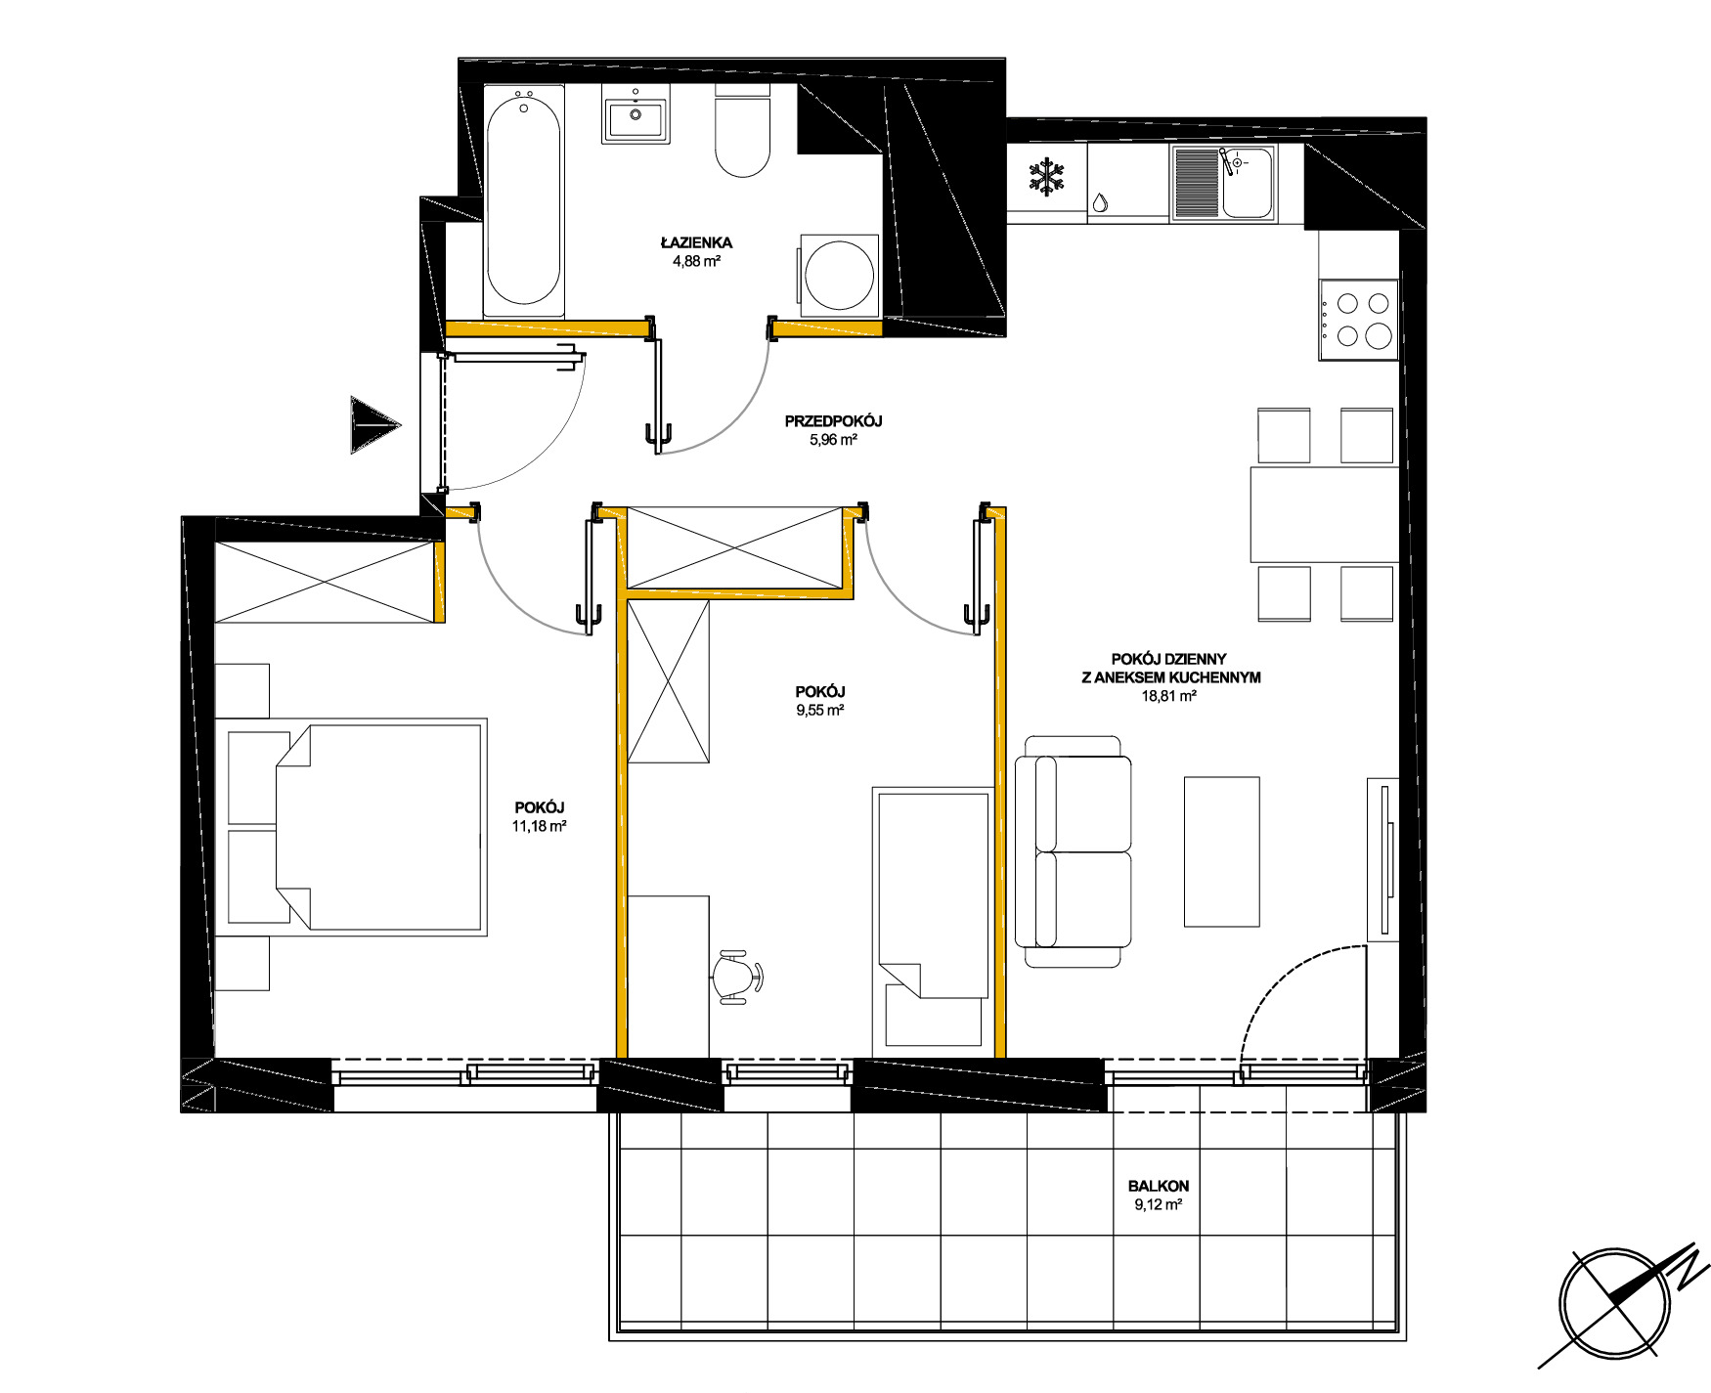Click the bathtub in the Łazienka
click(x=524, y=200)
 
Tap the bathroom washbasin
click(x=636, y=114)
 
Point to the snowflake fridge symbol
click(x=1047, y=178)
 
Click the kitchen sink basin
click(x=1248, y=183)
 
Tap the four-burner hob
click(x=1358, y=320)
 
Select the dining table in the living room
click(x=1325, y=514)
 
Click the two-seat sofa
click(x=1074, y=851)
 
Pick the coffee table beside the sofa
click(x=1221, y=851)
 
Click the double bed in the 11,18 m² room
click(x=357, y=827)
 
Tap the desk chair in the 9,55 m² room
click(x=738, y=977)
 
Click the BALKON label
click(x=1158, y=1186)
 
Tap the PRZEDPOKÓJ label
click(x=833, y=421)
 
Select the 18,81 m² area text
click(x=1169, y=696)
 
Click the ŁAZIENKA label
click(x=696, y=242)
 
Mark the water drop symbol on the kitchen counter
click(x=1100, y=202)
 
